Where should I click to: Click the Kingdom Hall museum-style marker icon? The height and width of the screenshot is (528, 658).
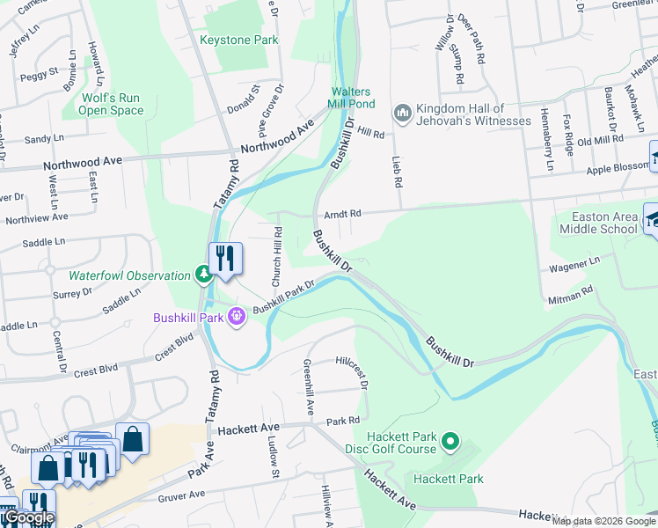coord(403,113)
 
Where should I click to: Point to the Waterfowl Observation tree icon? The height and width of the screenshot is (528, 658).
coord(204,275)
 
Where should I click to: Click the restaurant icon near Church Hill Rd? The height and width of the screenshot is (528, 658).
coord(225,259)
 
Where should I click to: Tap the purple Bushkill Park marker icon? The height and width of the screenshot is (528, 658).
coord(236,316)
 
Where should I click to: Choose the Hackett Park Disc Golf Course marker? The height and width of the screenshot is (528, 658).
coord(450,439)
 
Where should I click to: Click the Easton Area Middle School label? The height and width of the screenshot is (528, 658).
coord(598,224)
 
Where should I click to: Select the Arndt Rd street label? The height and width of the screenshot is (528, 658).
coord(342,214)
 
